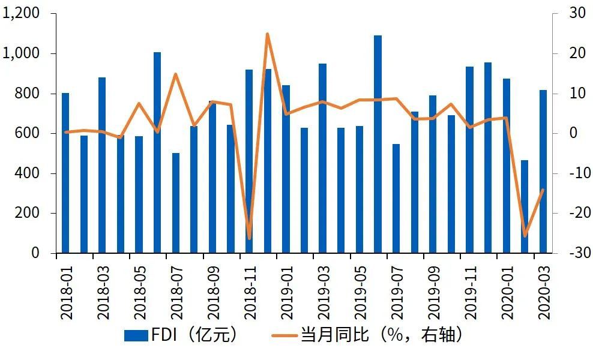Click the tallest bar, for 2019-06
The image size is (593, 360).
pos(378,144)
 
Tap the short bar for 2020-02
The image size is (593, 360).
pos(525,206)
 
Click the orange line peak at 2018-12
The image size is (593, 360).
pos(267,34)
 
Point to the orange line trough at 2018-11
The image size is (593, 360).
pos(249,239)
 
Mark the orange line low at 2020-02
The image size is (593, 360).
pos(525,236)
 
